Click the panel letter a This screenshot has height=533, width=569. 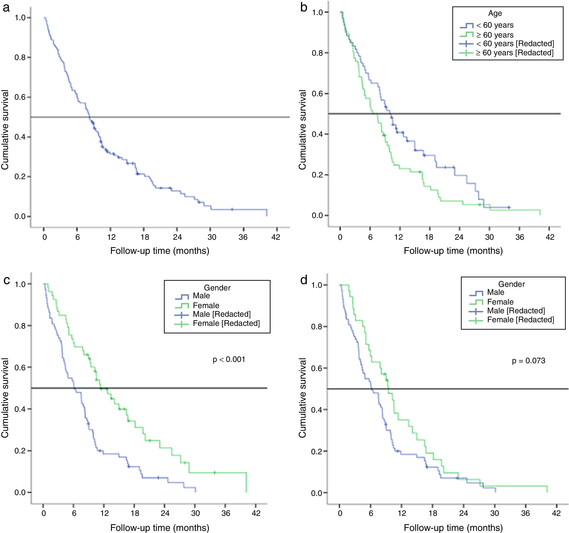6,8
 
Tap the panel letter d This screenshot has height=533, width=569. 304,280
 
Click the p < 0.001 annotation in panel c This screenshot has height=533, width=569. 229,359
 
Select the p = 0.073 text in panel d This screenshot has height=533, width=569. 528,361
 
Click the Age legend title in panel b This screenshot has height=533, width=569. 495,14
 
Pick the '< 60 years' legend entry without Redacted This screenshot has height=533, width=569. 495,25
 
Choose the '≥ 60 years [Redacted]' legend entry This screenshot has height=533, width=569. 514,53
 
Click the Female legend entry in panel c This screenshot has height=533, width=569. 206,305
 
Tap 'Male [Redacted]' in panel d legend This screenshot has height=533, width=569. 516,311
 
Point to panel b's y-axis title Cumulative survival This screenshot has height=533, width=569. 303,129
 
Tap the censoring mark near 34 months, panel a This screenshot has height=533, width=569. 232,209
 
